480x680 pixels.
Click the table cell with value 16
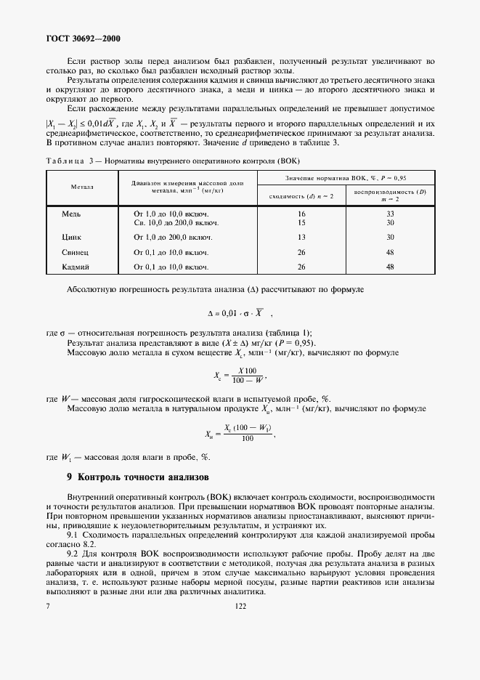301,214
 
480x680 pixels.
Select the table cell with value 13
301,237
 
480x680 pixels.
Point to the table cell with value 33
390,214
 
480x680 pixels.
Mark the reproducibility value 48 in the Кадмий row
390,267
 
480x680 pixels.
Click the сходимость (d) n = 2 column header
301,196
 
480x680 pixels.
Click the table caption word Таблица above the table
66,160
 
